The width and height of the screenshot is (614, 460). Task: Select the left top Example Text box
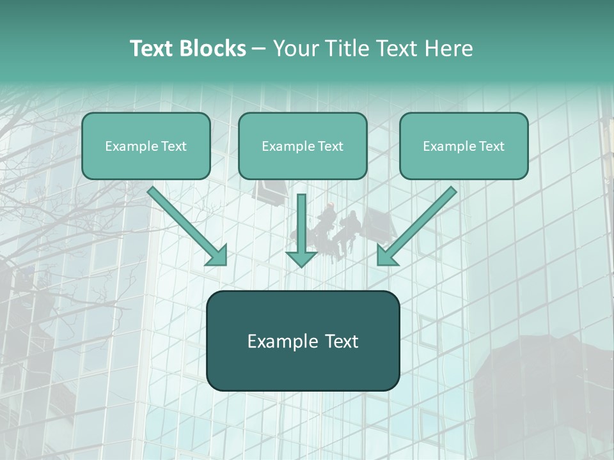point(146,146)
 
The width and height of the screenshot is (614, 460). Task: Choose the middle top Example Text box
point(303,146)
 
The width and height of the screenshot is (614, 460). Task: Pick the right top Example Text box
point(464,146)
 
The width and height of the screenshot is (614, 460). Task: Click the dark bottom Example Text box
point(303,341)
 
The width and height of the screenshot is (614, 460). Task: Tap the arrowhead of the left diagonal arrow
point(217,255)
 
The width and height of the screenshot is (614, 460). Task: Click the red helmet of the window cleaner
point(330,206)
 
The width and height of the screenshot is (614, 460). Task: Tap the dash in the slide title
point(259,49)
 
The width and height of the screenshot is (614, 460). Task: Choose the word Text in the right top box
point(491,146)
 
